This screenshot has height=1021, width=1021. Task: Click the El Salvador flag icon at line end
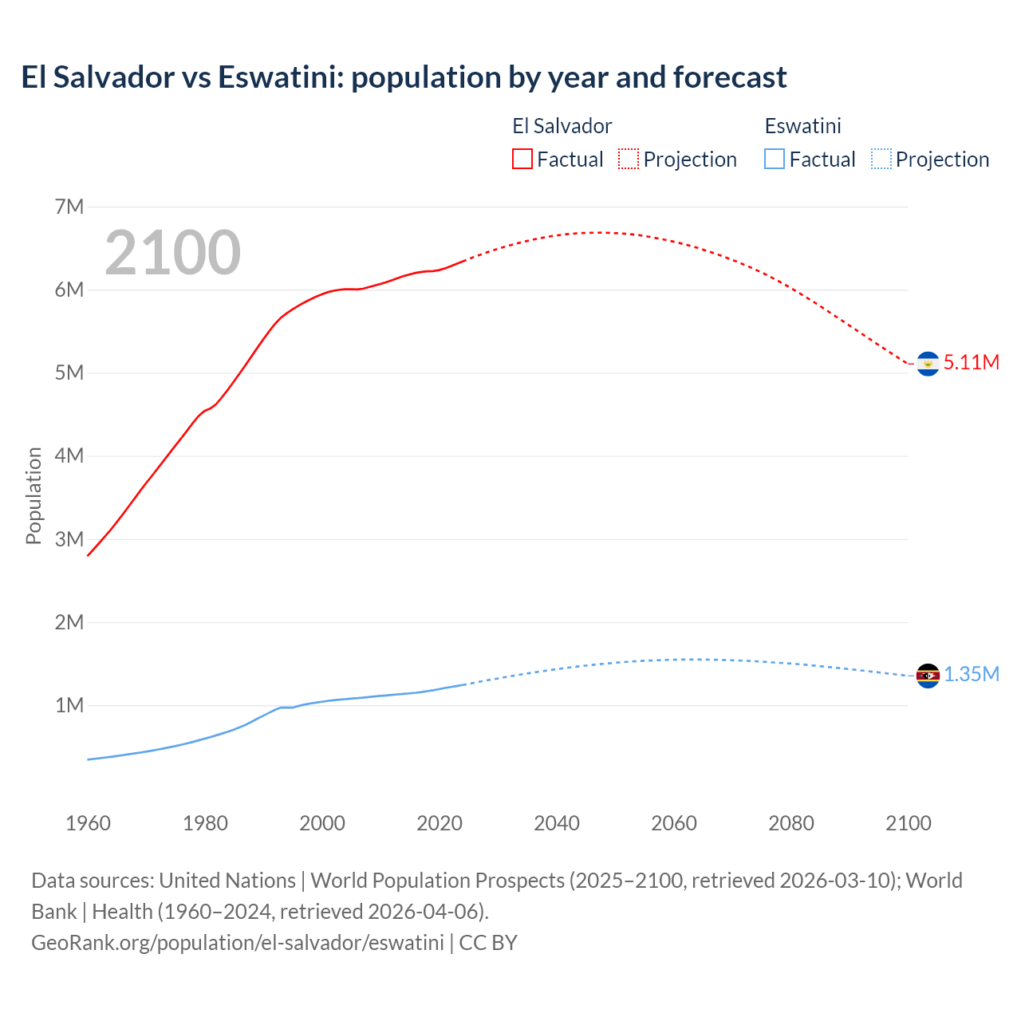(928, 364)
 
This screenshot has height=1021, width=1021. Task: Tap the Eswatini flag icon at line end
(928, 676)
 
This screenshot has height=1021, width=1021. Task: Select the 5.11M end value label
(971, 362)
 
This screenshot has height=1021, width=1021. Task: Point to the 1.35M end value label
(971, 675)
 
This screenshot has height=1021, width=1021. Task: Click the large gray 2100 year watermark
(172, 253)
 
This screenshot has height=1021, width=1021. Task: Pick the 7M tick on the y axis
(69, 207)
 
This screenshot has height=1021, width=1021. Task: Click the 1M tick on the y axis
(69, 706)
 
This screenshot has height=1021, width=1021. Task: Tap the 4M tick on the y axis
(69, 456)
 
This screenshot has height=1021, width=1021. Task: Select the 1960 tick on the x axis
(88, 823)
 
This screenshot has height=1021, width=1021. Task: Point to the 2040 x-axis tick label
(557, 823)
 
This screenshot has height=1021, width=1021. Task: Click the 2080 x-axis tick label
(791, 823)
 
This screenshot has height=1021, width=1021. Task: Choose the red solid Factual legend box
(522, 160)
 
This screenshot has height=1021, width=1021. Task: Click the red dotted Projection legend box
(629, 160)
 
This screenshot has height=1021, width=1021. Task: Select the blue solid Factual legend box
(775, 160)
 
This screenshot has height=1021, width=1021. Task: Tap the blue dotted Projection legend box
(881, 160)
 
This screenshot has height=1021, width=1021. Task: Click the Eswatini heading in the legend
(802, 126)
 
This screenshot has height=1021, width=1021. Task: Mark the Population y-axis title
(34, 495)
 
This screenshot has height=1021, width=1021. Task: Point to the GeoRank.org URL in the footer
(237, 943)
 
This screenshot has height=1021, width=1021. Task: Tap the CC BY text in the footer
(488, 943)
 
